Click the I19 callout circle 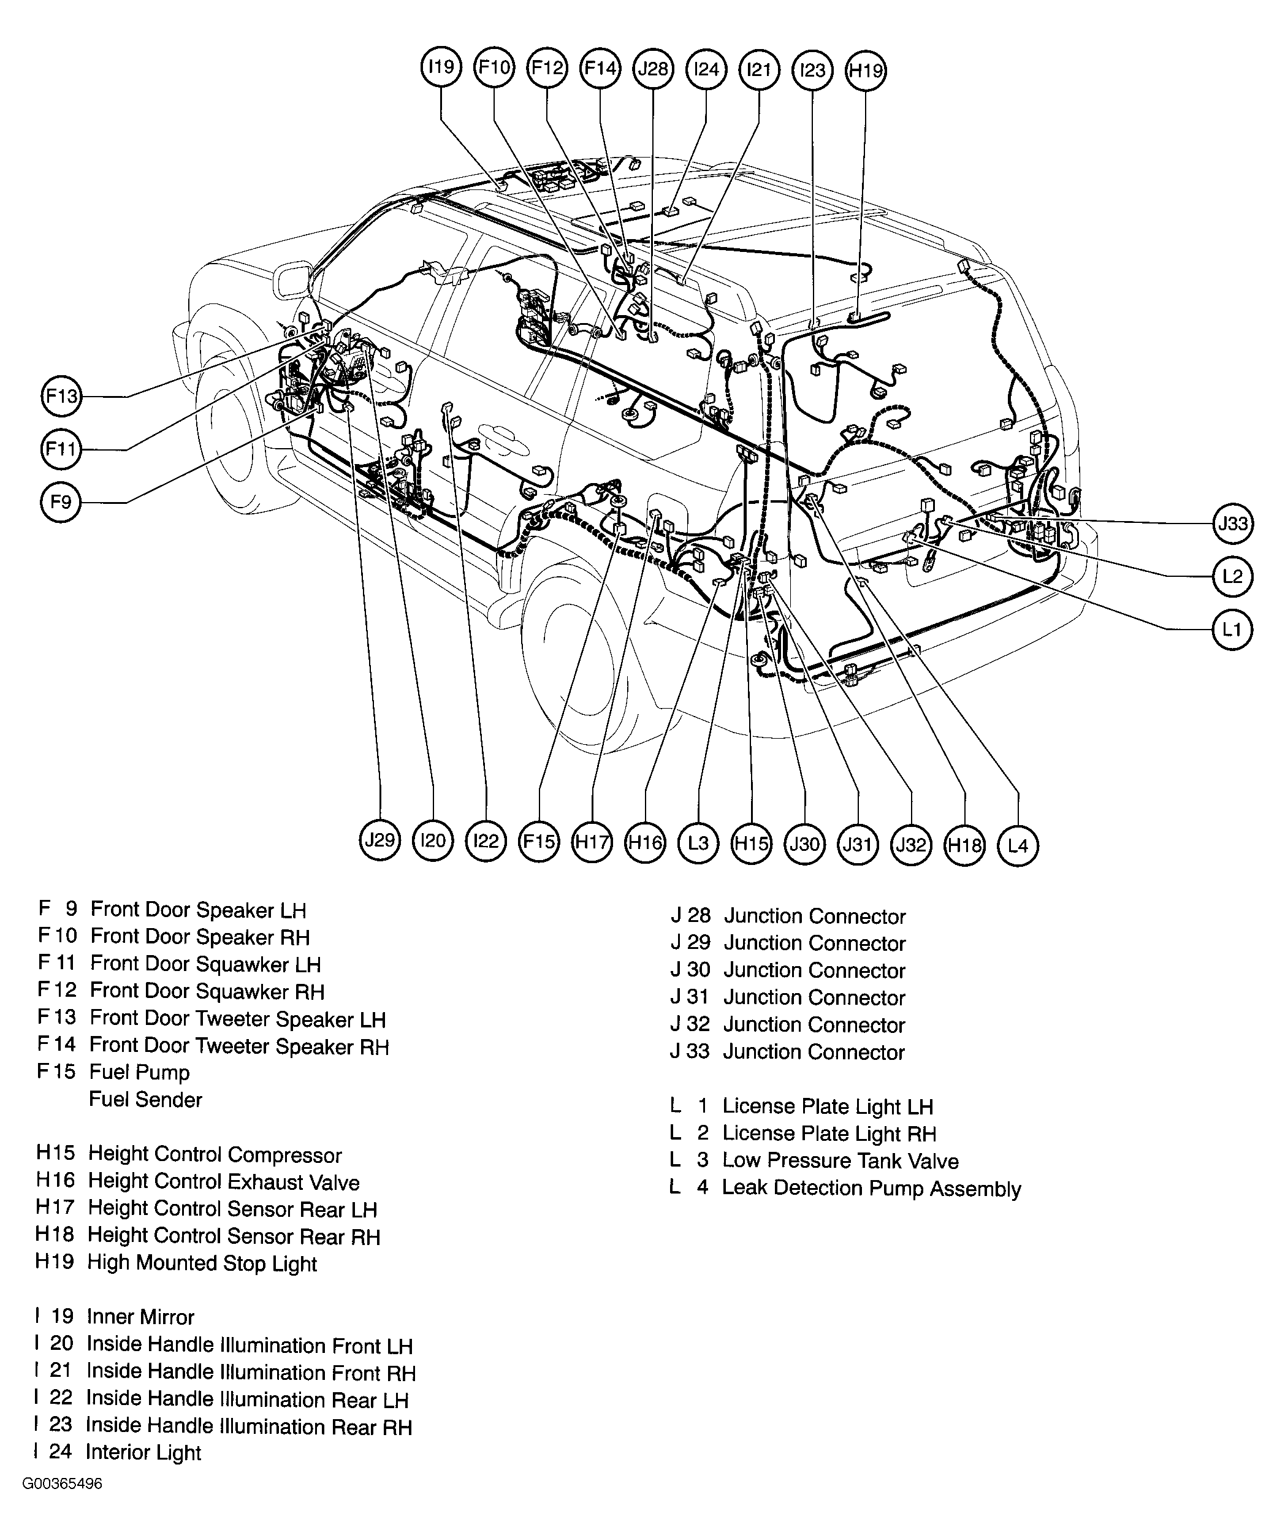[x=441, y=68]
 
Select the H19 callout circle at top [x=866, y=71]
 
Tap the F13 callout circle [x=61, y=396]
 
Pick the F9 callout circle [x=61, y=502]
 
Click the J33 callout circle [x=1233, y=524]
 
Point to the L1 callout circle [x=1232, y=630]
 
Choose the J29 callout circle [x=380, y=840]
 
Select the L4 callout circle [x=1018, y=846]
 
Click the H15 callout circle [x=752, y=844]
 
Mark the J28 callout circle [x=653, y=69]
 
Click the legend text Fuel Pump [x=139, y=1072]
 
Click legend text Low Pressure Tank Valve [x=840, y=1161]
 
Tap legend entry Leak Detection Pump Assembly [x=871, y=1189]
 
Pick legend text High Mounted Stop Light [x=202, y=1263]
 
